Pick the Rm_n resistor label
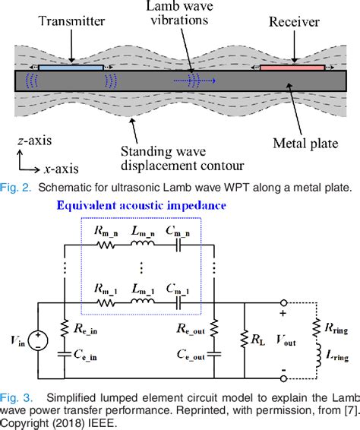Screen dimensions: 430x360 [x=104, y=232]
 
